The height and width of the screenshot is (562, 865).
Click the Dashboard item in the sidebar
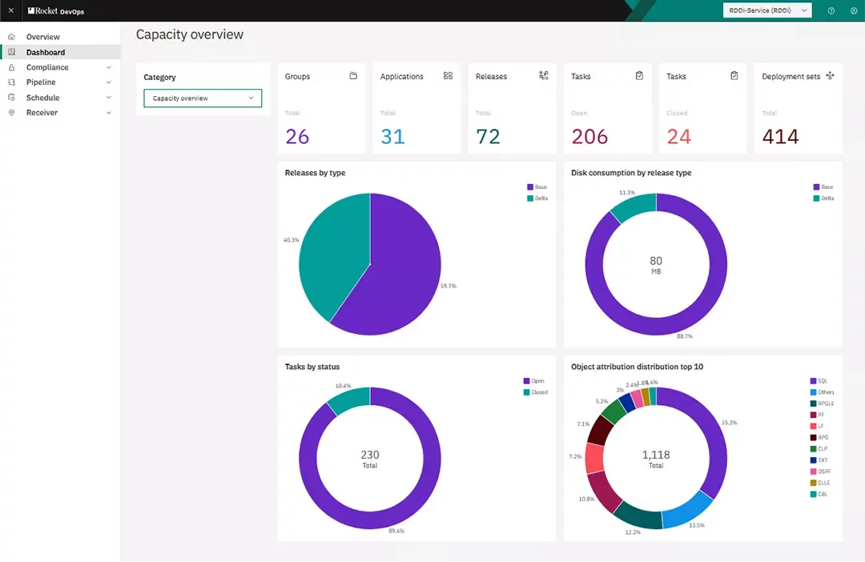click(46, 52)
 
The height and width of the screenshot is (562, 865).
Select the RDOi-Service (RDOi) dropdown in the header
click(766, 10)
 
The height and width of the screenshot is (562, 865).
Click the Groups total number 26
click(297, 137)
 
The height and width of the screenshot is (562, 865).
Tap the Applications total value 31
click(392, 137)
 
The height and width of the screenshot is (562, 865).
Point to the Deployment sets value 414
click(780, 137)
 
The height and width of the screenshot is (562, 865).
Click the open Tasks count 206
click(589, 137)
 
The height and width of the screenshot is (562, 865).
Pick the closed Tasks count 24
click(678, 137)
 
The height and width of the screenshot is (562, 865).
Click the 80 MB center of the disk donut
click(656, 265)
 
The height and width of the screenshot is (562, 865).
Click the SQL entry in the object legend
click(823, 381)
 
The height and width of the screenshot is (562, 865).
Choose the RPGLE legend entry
click(825, 403)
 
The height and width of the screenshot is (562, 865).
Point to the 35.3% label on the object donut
click(729, 422)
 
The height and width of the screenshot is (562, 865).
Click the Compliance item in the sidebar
click(47, 67)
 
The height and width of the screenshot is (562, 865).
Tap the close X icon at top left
click(10, 10)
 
